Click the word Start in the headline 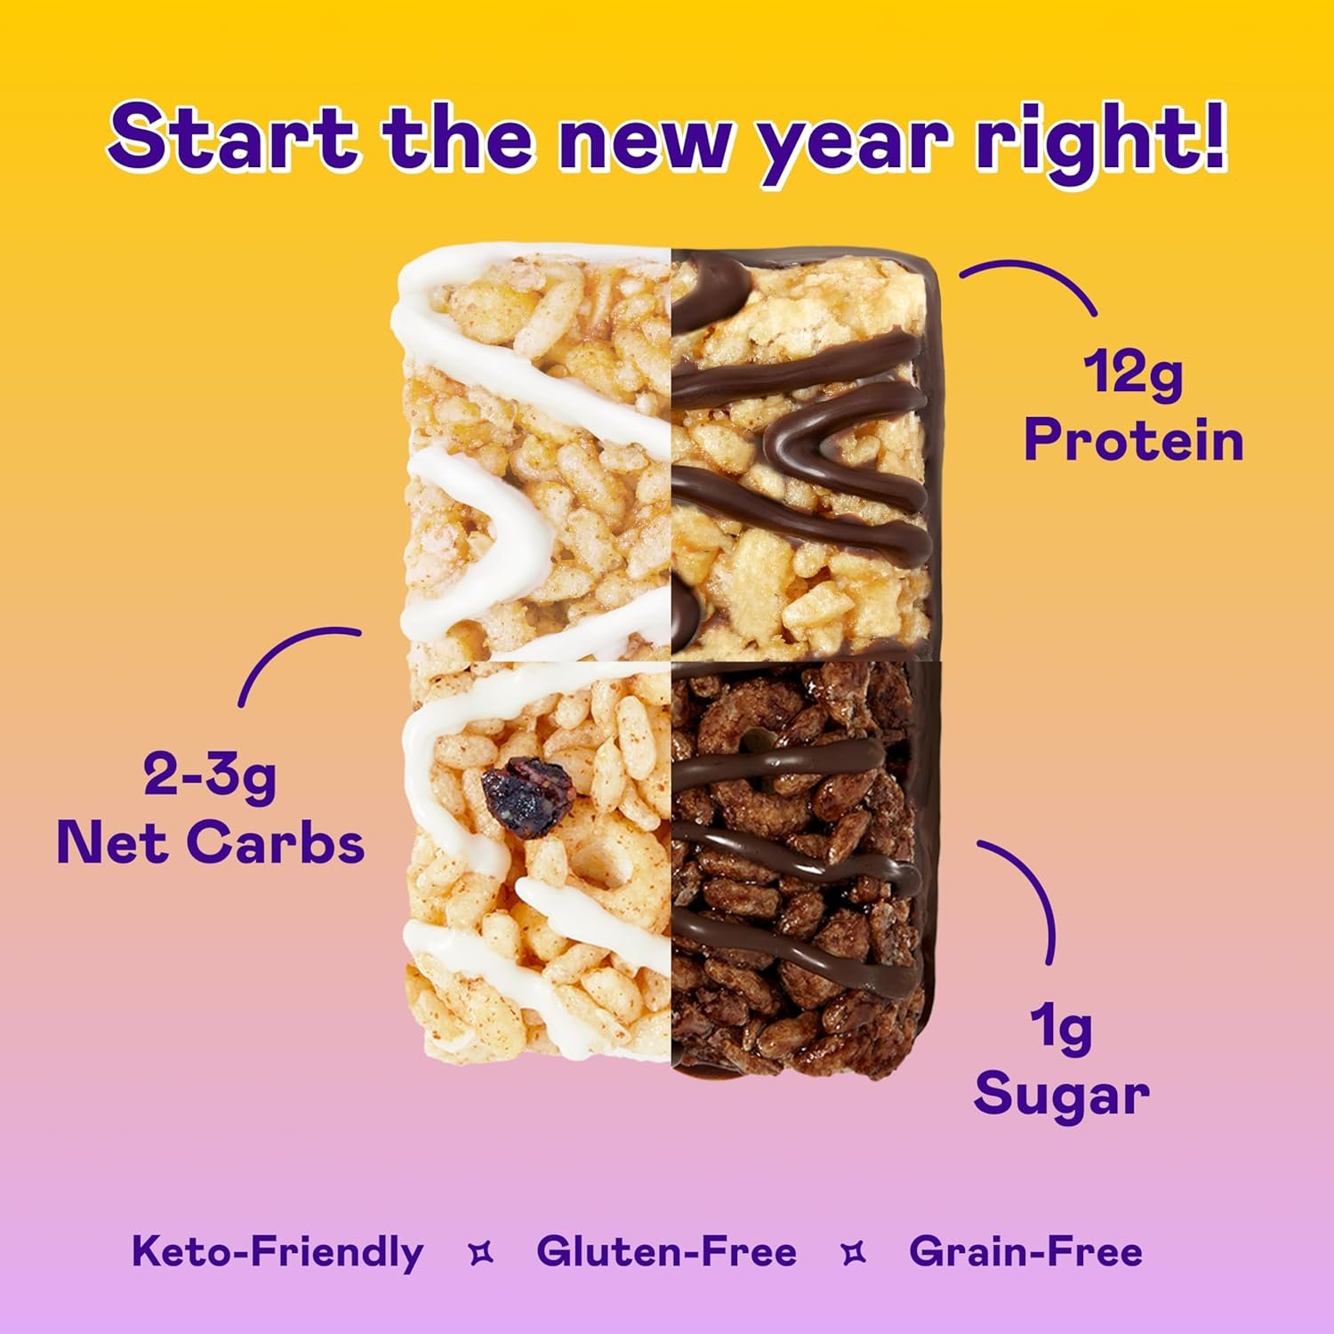coord(233,138)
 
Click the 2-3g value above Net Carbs coord(210,775)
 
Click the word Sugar coord(1061,1095)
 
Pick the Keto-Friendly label coord(277,1251)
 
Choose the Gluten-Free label coord(666,1251)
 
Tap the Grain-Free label coord(1025,1251)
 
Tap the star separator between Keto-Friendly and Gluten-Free coord(480,1253)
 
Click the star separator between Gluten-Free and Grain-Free coord(853,1253)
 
